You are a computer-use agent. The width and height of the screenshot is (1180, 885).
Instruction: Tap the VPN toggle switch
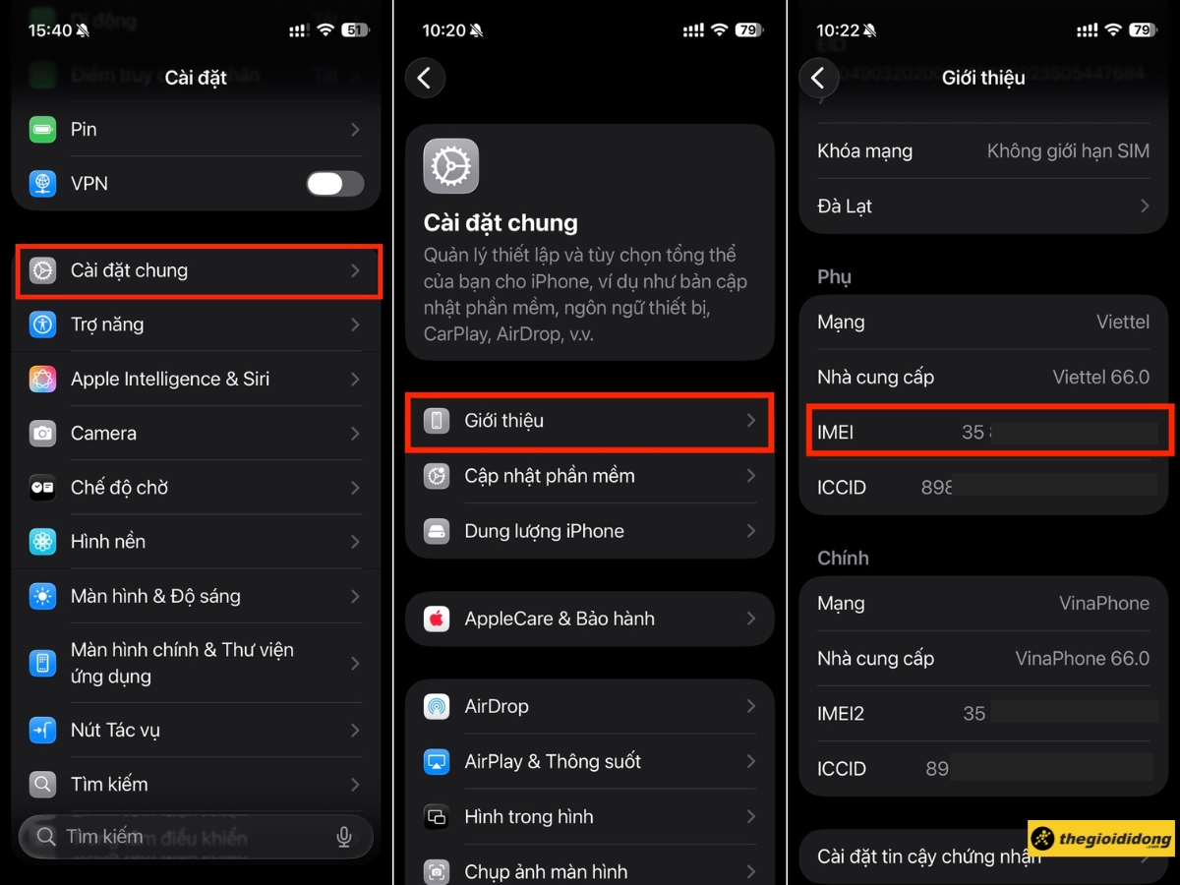(334, 184)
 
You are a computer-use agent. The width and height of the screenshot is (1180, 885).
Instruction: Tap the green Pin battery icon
(42, 130)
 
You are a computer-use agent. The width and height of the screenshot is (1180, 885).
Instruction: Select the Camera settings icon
(42, 433)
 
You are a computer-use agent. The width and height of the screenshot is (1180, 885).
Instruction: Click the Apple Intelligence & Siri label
(169, 379)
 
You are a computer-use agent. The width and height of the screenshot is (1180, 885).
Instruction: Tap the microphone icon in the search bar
(344, 837)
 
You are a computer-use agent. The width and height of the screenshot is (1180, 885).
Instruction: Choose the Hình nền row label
(108, 541)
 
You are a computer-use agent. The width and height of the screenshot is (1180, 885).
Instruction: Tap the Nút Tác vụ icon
(42, 730)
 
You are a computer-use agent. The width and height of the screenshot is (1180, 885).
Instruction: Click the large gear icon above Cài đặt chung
(451, 166)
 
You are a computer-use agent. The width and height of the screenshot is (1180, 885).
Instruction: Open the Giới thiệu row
(590, 421)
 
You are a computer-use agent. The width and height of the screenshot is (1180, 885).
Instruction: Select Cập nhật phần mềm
(549, 476)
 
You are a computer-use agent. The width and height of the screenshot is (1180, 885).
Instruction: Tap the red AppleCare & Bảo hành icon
(437, 619)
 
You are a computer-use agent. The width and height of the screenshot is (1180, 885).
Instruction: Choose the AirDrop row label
(496, 706)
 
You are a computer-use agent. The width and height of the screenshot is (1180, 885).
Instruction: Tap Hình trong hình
(528, 816)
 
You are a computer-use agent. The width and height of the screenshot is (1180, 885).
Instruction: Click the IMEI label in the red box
(835, 432)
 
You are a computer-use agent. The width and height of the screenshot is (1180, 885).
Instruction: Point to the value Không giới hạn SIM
(1068, 151)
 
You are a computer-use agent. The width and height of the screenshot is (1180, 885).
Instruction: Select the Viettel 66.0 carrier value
(1100, 377)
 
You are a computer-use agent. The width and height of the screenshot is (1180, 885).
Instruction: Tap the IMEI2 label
(841, 714)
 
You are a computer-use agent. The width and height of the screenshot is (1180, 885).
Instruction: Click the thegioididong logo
(1101, 840)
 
